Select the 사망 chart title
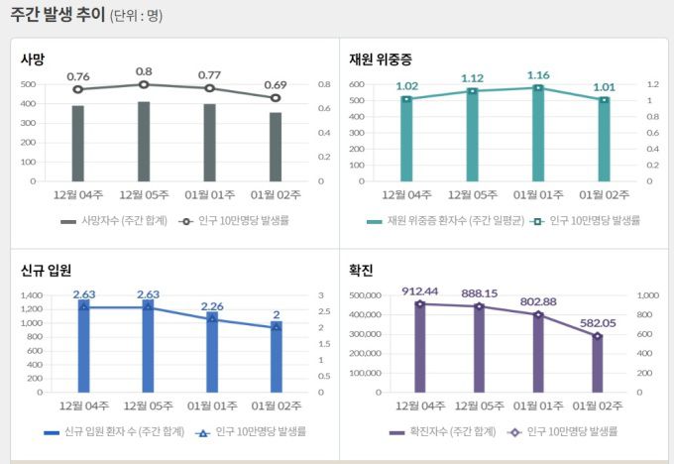coord(33,59)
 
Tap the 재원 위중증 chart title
coord(380,59)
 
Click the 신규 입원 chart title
coord(46,270)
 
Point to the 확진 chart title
coord(361,270)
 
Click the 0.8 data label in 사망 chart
coord(144,72)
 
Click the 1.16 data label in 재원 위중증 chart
coord(538,75)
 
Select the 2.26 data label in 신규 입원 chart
coord(211,306)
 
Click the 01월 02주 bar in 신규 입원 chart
coord(276,359)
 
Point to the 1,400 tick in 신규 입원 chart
coord(32,295)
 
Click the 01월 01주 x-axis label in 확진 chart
coord(538,406)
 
